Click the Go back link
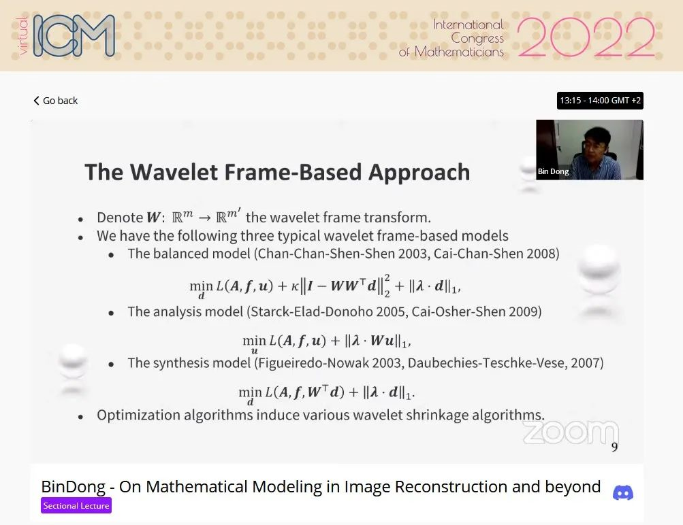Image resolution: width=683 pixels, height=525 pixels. (55, 101)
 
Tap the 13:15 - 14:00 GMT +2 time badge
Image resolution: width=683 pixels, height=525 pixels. (600, 101)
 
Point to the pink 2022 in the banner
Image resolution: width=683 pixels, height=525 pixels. (586, 37)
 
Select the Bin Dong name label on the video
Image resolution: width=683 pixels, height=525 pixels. (553, 171)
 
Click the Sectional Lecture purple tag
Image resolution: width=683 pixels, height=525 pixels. (76, 505)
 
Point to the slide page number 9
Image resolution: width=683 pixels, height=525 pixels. (614, 447)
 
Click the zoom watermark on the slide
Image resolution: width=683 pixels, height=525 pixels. (571, 433)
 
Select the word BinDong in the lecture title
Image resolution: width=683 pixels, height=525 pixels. (73, 487)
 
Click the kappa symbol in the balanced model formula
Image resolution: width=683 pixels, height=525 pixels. (295, 286)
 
